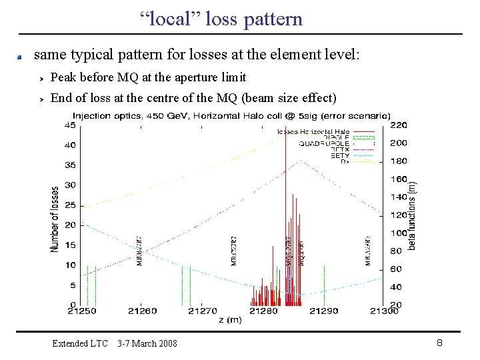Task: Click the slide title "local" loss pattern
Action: pos(221,19)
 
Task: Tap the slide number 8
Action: pos(439,343)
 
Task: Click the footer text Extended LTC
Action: pos(80,343)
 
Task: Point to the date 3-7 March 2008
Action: pos(147,343)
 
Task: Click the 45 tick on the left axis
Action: pos(69,125)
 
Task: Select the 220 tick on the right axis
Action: pos(398,125)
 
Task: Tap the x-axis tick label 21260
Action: pos(143,311)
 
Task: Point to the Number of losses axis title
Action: pos(55,219)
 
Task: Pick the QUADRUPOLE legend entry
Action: pos(326,143)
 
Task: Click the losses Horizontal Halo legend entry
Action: pos(313,131)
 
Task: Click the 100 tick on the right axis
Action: pos(398,233)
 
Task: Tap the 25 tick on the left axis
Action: pos(69,205)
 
